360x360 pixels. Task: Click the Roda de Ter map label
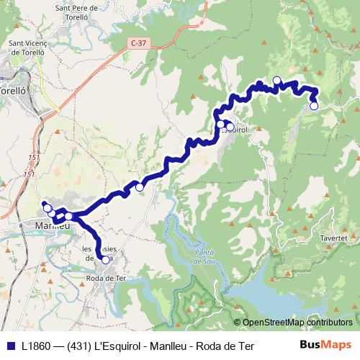tap(107, 277)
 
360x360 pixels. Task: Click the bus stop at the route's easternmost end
tap(314, 106)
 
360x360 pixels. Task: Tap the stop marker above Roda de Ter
tap(105, 260)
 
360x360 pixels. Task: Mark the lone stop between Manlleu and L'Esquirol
tap(140, 187)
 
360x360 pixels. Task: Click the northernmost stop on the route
tap(276, 80)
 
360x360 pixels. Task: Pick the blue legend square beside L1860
tap(10, 346)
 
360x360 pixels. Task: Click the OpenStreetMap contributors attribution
tap(297, 322)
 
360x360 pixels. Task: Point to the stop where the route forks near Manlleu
tap(68, 216)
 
